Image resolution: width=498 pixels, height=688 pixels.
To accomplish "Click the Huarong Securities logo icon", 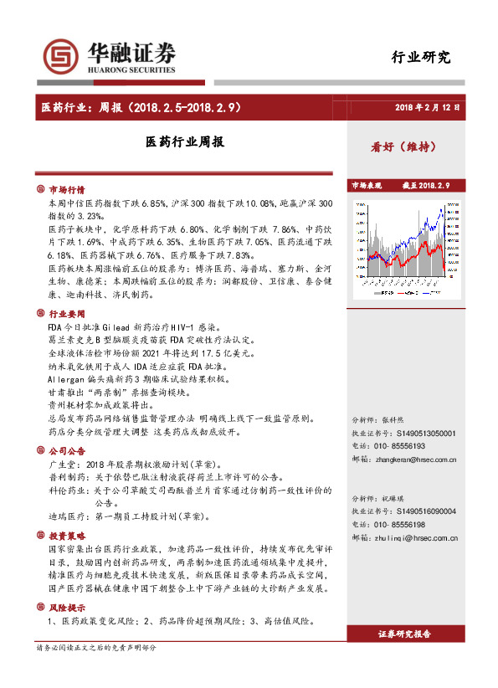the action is pyautogui.click(x=62, y=57).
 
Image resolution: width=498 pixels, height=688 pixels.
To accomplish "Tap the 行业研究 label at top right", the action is pyautogui.click(x=421, y=57).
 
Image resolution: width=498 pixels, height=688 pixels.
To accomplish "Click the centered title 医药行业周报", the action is pyautogui.click(x=184, y=142).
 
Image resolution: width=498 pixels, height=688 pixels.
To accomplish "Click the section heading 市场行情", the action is pyautogui.click(x=67, y=190).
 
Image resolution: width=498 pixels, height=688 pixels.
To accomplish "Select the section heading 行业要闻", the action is pyautogui.click(x=67, y=312).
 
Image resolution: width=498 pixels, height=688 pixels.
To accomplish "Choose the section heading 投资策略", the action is pyautogui.click(x=67, y=534).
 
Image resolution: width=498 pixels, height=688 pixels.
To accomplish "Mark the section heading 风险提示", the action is pyautogui.click(x=67, y=607).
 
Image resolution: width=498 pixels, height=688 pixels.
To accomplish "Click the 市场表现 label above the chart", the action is pyautogui.click(x=366, y=185).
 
